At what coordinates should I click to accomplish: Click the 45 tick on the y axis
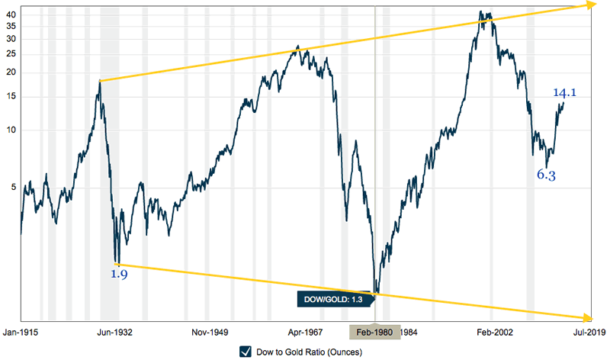[9, 13]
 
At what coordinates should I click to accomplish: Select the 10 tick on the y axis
[9, 130]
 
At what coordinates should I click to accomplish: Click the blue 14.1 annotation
[564, 93]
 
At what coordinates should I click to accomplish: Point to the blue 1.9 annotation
[118, 274]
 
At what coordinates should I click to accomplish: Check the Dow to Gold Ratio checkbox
[246, 352]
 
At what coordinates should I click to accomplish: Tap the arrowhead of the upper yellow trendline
[591, 5]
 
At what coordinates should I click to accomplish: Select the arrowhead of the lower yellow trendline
[589, 318]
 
